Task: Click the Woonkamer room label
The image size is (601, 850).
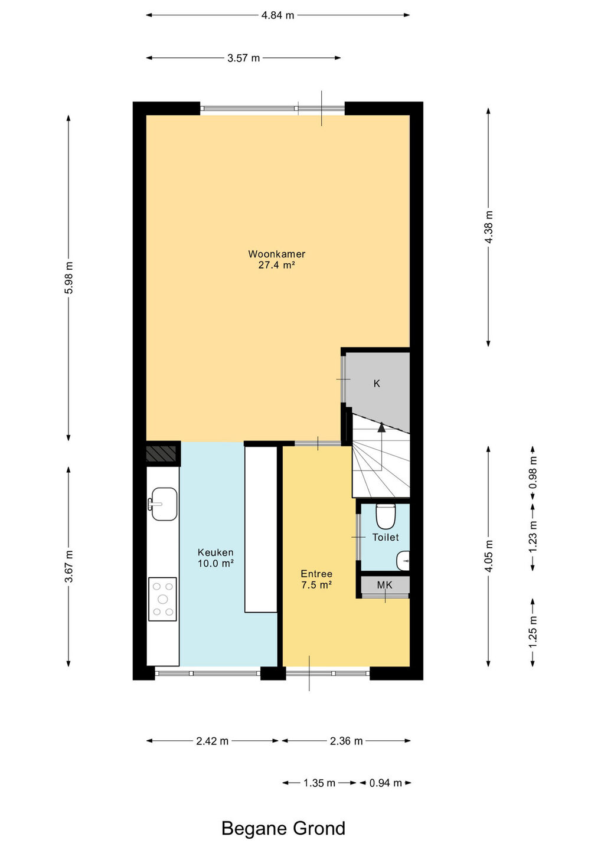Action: coord(277,254)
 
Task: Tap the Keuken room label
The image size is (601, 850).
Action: coord(215,552)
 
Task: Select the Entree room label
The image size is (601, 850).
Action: coord(316,574)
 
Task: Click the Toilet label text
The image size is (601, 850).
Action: coord(386,537)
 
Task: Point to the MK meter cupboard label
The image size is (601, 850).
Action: coord(384,585)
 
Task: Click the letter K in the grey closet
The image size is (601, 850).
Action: coord(377,384)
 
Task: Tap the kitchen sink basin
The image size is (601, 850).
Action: coord(164,504)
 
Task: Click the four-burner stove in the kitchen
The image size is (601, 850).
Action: coord(162,599)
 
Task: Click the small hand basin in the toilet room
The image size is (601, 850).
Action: coord(403,561)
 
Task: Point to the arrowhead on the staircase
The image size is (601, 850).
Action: coord(381,427)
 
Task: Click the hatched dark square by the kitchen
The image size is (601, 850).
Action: coord(161,454)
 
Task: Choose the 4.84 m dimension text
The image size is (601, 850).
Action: coord(277,15)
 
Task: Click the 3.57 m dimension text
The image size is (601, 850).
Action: coord(244,58)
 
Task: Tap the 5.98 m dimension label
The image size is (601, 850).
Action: coord(68,278)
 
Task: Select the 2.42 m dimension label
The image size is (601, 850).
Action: coord(212,741)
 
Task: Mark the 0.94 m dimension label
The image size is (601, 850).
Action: coord(386,783)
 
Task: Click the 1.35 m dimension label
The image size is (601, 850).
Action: coord(319,783)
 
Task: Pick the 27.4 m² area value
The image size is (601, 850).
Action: coord(277,265)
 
